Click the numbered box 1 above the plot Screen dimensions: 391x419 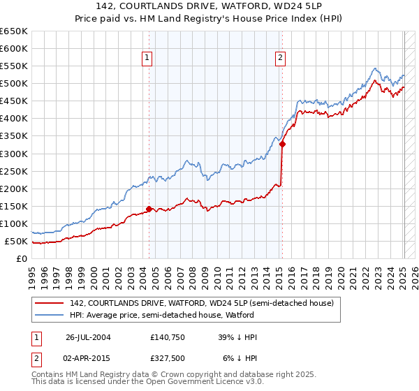point(148,59)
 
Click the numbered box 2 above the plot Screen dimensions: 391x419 point(280,59)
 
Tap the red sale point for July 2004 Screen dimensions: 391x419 point(149,209)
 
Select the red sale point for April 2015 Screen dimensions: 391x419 point(282,144)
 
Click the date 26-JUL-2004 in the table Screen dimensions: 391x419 point(87,337)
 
